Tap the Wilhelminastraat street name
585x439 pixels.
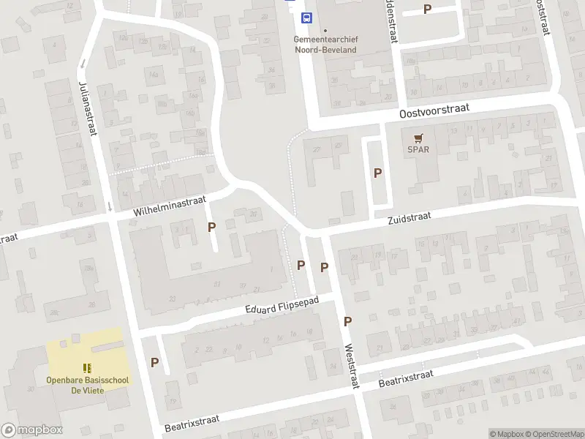(x=170, y=205)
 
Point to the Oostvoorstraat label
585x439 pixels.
(x=434, y=111)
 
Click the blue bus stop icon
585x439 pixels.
(x=308, y=18)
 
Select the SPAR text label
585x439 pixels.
(x=418, y=150)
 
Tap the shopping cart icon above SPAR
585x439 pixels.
(x=418, y=138)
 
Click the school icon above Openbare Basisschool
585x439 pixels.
(x=87, y=368)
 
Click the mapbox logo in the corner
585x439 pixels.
(x=31, y=430)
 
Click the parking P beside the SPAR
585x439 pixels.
(x=377, y=173)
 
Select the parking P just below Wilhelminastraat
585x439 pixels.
(x=211, y=227)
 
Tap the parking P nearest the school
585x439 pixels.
(x=154, y=362)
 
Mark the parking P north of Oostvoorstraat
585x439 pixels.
(x=427, y=9)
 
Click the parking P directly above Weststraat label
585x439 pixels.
(x=348, y=321)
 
